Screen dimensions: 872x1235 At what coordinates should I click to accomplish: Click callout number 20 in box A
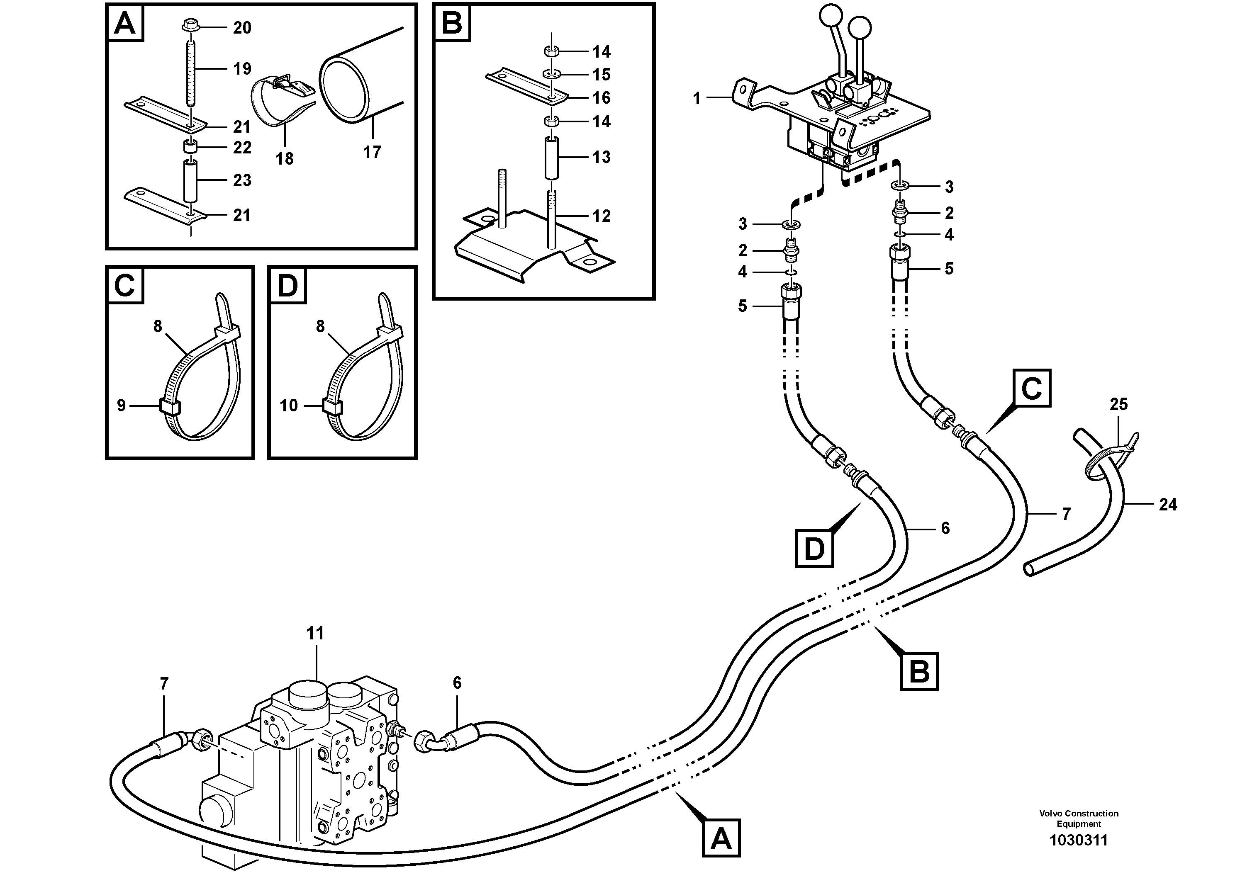click(241, 27)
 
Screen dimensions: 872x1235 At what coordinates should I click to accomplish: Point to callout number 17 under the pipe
click(372, 152)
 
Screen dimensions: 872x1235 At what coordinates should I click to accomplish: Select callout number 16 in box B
click(602, 98)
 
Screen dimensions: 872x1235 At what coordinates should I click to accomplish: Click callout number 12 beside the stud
click(602, 216)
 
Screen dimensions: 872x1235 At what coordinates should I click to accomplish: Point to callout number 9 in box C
click(121, 406)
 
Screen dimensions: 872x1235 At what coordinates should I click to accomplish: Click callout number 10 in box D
click(288, 406)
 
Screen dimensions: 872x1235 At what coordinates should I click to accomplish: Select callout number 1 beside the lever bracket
click(697, 98)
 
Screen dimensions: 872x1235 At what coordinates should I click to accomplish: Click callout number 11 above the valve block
click(315, 633)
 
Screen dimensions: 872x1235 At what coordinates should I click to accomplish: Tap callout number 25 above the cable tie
click(1119, 404)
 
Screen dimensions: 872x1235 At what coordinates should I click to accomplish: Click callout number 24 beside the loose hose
click(1168, 504)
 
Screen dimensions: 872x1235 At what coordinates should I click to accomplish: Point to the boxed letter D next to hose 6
click(814, 549)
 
